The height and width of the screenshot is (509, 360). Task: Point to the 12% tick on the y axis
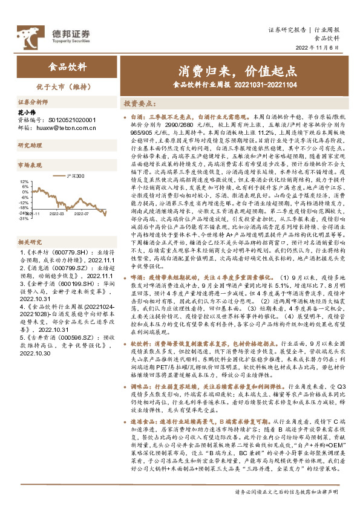(x=24, y=181)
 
